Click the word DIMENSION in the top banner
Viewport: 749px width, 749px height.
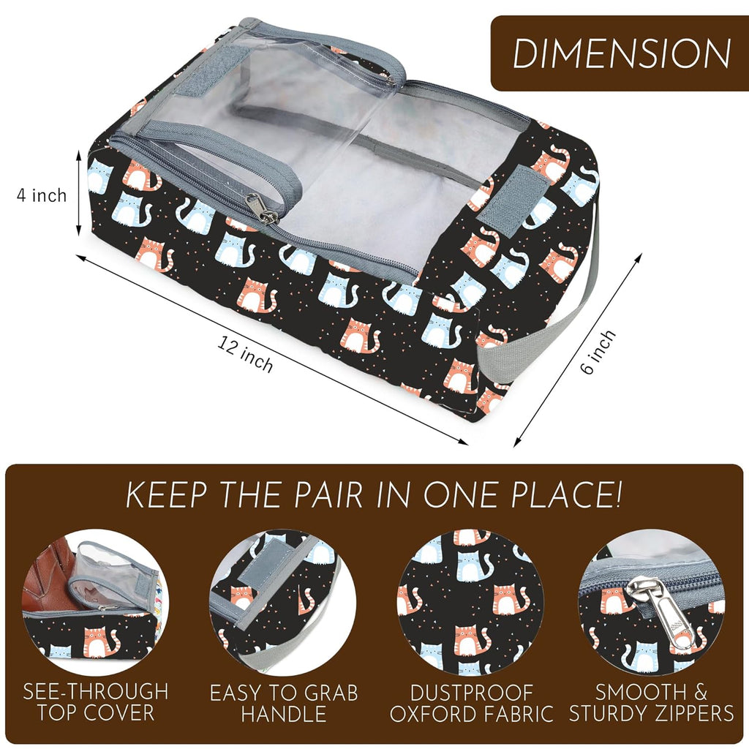coord(621,53)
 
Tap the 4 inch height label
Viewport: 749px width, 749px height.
coord(42,195)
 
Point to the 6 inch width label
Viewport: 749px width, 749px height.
coord(598,353)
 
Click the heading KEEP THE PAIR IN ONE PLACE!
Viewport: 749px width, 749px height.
coord(374,495)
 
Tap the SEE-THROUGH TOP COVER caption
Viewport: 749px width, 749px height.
coord(95,701)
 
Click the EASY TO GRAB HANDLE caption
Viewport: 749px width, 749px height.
coord(283,701)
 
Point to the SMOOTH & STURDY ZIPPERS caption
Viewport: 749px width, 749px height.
coord(651,701)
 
